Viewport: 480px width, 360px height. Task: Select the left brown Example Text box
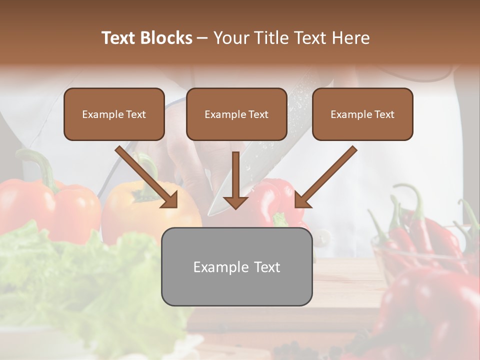pos(114,114)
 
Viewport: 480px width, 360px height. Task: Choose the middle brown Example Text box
pos(236,114)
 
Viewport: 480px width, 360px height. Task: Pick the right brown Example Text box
pos(362,114)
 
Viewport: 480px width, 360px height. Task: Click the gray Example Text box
pos(236,267)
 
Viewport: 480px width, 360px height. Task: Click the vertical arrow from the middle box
pos(235,175)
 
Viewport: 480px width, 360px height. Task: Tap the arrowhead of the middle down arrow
pos(235,202)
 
